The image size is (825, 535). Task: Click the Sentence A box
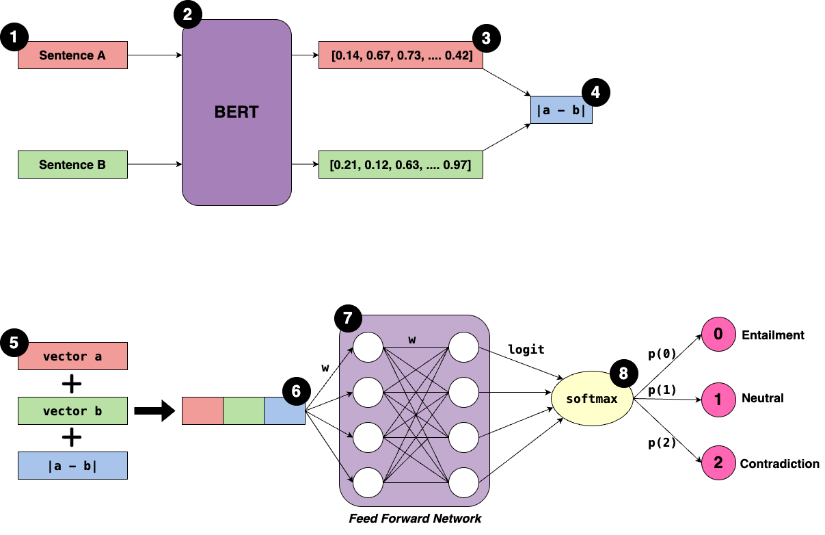click(72, 55)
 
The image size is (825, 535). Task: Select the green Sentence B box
click(72, 165)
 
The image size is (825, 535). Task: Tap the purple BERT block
click(236, 112)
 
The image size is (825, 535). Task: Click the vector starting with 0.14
click(401, 55)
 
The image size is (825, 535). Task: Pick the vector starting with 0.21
click(401, 165)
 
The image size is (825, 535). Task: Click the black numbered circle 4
click(595, 93)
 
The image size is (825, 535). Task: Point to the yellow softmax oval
click(591, 398)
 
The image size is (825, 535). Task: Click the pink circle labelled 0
click(718, 335)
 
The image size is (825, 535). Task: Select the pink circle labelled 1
click(718, 399)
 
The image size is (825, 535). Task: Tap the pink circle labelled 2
click(718, 463)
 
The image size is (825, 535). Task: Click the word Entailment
click(773, 335)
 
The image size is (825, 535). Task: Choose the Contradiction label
click(779, 464)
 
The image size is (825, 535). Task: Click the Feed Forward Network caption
click(415, 518)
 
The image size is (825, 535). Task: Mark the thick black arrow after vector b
click(152, 411)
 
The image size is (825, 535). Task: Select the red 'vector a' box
click(72, 356)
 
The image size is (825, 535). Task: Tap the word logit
click(526, 350)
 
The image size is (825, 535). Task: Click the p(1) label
click(662, 390)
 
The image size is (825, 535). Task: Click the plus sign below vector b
click(72, 438)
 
